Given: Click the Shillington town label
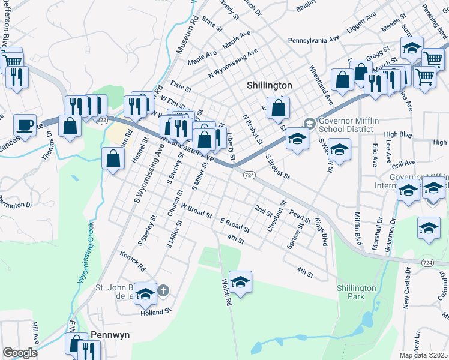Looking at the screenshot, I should [x=270, y=86].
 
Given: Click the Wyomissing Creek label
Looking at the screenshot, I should [x=85, y=252].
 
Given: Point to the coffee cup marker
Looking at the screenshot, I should [x=25, y=125].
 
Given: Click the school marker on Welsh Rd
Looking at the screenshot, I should [x=240, y=282].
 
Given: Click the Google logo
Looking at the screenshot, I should [x=20, y=353].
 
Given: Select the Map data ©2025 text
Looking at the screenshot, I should [x=424, y=355].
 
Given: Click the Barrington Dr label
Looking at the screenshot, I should [x=15, y=202].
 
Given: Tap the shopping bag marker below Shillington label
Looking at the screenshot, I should [x=279, y=109].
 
